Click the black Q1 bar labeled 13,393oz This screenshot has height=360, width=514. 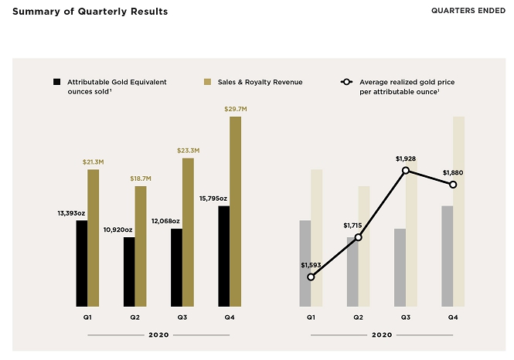[x=81, y=263]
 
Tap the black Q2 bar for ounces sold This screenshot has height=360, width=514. [x=129, y=271]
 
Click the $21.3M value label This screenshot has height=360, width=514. [x=93, y=161]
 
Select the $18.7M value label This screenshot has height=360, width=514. [x=141, y=178]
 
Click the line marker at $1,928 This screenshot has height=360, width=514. [x=406, y=170]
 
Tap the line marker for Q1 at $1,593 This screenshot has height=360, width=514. [x=311, y=277]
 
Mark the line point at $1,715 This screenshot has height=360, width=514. [x=358, y=237]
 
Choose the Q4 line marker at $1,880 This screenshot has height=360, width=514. [x=453, y=185]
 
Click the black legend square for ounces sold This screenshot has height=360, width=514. [x=56, y=81]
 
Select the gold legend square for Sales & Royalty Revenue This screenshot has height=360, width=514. [x=207, y=81]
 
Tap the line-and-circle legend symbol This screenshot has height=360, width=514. [x=346, y=81]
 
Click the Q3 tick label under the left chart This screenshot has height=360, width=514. [x=182, y=318]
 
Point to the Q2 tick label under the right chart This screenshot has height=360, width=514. [x=358, y=318]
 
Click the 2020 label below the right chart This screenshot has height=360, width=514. [x=382, y=335]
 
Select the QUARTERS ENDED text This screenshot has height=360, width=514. [x=465, y=12]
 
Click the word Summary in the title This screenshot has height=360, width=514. [x=35, y=12]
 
